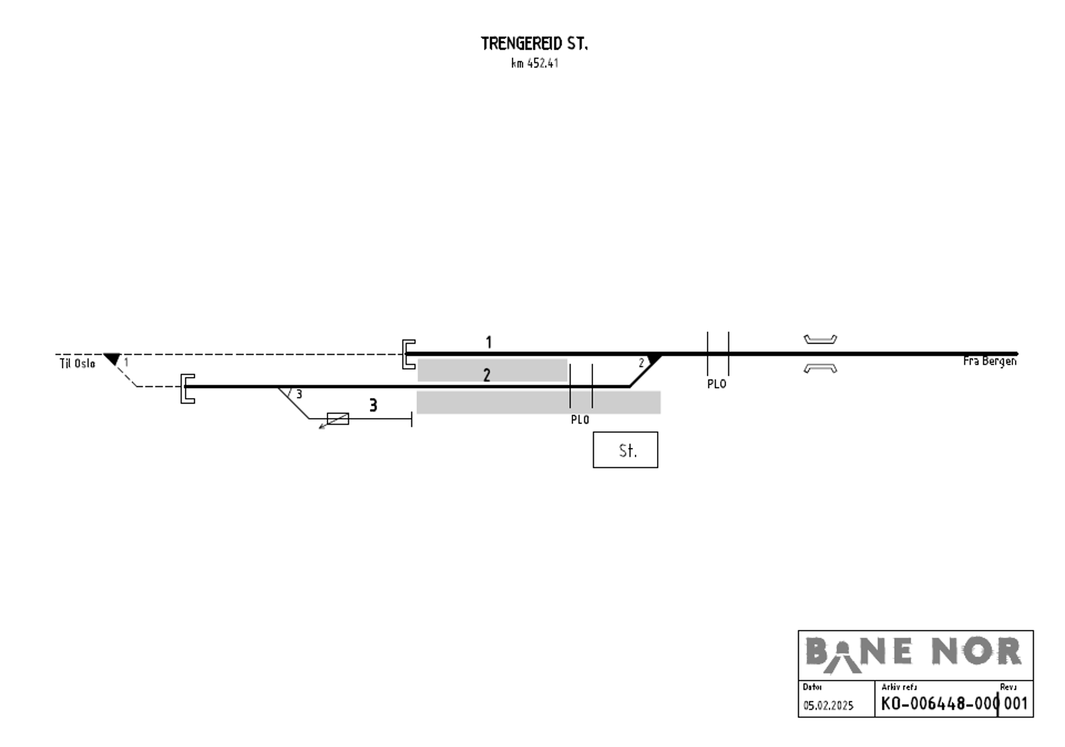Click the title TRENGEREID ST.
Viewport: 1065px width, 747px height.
point(534,44)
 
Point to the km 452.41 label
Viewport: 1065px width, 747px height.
point(534,63)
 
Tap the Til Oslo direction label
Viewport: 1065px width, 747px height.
point(77,364)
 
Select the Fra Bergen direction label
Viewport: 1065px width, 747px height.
point(990,362)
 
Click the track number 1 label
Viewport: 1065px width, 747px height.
point(489,342)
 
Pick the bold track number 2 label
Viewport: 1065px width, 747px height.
point(487,375)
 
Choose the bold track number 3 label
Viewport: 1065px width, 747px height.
point(373,405)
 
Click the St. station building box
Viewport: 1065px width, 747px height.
point(625,450)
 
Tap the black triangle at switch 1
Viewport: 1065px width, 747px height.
point(112,359)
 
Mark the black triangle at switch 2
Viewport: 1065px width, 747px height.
point(654,358)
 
